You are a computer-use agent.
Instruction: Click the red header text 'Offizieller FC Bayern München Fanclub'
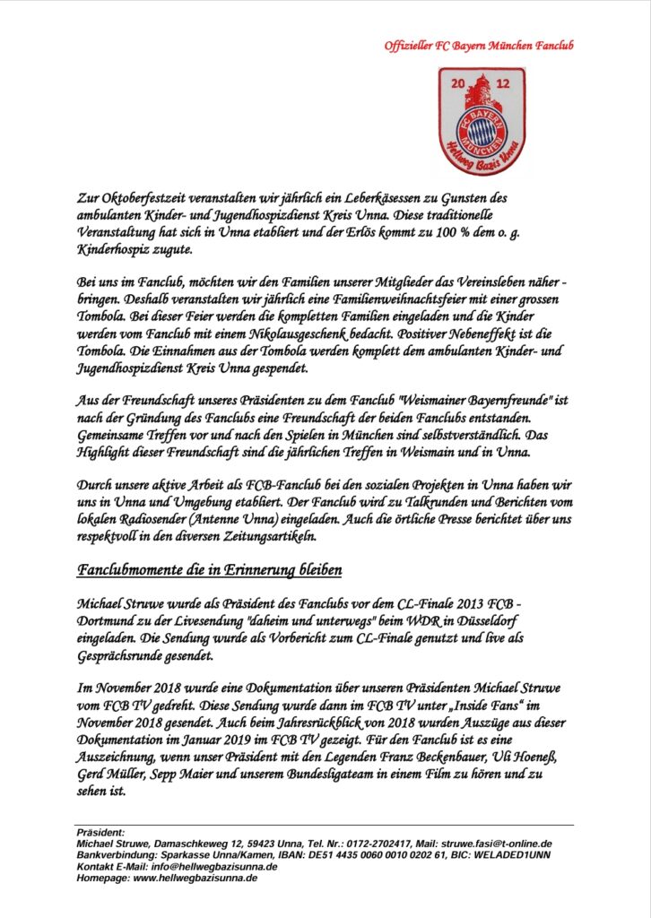[478, 46]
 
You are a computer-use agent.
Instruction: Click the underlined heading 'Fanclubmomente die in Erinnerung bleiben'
[209, 570]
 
